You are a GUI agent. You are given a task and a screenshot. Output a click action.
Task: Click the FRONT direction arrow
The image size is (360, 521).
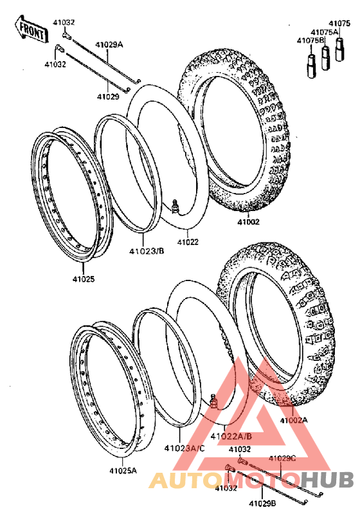point(32,30)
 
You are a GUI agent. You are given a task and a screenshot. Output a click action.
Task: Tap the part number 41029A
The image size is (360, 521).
point(109,44)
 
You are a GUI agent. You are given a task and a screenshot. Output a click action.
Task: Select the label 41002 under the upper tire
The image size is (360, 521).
point(248,222)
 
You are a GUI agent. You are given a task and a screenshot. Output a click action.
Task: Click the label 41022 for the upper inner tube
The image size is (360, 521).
point(188,242)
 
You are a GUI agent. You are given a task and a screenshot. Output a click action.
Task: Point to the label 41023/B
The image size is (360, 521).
point(147,251)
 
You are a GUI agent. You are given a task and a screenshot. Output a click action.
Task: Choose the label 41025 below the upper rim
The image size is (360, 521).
point(84,279)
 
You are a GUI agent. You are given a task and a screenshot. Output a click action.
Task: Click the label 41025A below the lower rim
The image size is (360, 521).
point(123,471)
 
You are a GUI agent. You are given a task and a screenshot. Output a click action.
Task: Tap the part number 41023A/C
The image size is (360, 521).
point(184,448)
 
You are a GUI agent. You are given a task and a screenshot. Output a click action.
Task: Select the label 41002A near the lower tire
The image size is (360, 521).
point(294,420)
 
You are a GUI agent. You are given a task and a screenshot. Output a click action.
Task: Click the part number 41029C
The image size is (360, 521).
point(282,459)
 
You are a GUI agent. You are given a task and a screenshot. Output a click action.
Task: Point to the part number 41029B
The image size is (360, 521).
point(262,503)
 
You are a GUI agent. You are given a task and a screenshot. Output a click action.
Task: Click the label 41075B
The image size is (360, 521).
point(310,41)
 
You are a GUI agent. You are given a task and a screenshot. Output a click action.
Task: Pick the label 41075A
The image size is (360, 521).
point(325,32)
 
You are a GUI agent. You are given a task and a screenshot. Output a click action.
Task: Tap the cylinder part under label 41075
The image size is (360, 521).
point(339,50)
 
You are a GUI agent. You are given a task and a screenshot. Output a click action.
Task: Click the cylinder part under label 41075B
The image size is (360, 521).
point(311,66)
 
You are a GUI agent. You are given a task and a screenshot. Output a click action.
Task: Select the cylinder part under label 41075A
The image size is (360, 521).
point(326,57)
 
